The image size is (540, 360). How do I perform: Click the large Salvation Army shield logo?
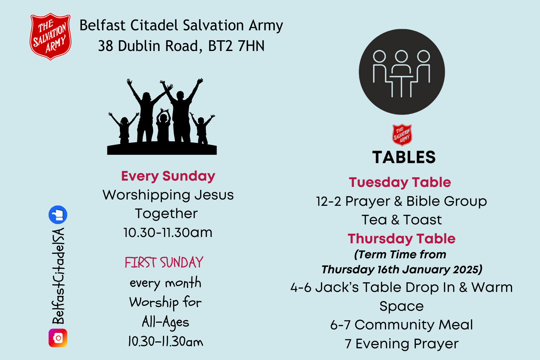pyautogui.click(x=50, y=36)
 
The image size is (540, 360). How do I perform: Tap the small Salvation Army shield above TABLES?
pyautogui.click(x=402, y=135)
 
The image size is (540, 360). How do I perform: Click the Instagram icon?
pyautogui.click(x=58, y=338)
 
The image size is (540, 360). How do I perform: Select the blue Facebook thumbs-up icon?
pyautogui.click(x=58, y=215)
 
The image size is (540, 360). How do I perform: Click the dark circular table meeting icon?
pyautogui.click(x=402, y=72)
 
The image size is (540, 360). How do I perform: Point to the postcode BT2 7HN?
pyautogui.click(x=236, y=46)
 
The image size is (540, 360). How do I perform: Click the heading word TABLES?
pyautogui.click(x=404, y=157)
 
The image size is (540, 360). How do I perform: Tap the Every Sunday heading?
pyautogui.click(x=168, y=176)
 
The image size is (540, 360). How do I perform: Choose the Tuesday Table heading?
pyautogui.click(x=400, y=182)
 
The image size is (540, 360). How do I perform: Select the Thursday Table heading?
pyautogui.click(x=401, y=239)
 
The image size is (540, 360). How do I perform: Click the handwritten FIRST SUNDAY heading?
pyautogui.click(x=164, y=262)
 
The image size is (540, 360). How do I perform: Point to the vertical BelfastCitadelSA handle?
pyautogui.click(x=58, y=276)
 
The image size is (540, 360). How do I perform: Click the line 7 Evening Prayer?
pyautogui.click(x=401, y=344)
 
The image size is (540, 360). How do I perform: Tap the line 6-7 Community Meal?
pyautogui.click(x=401, y=325)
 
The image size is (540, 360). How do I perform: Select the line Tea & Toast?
pyautogui.click(x=401, y=220)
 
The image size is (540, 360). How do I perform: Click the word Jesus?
pyautogui.click(x=214, y=195)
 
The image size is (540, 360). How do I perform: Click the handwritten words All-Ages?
pyautogui.click(x=165, y=322)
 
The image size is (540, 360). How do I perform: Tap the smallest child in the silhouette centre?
pyautogui.click(x=163, y=126)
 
